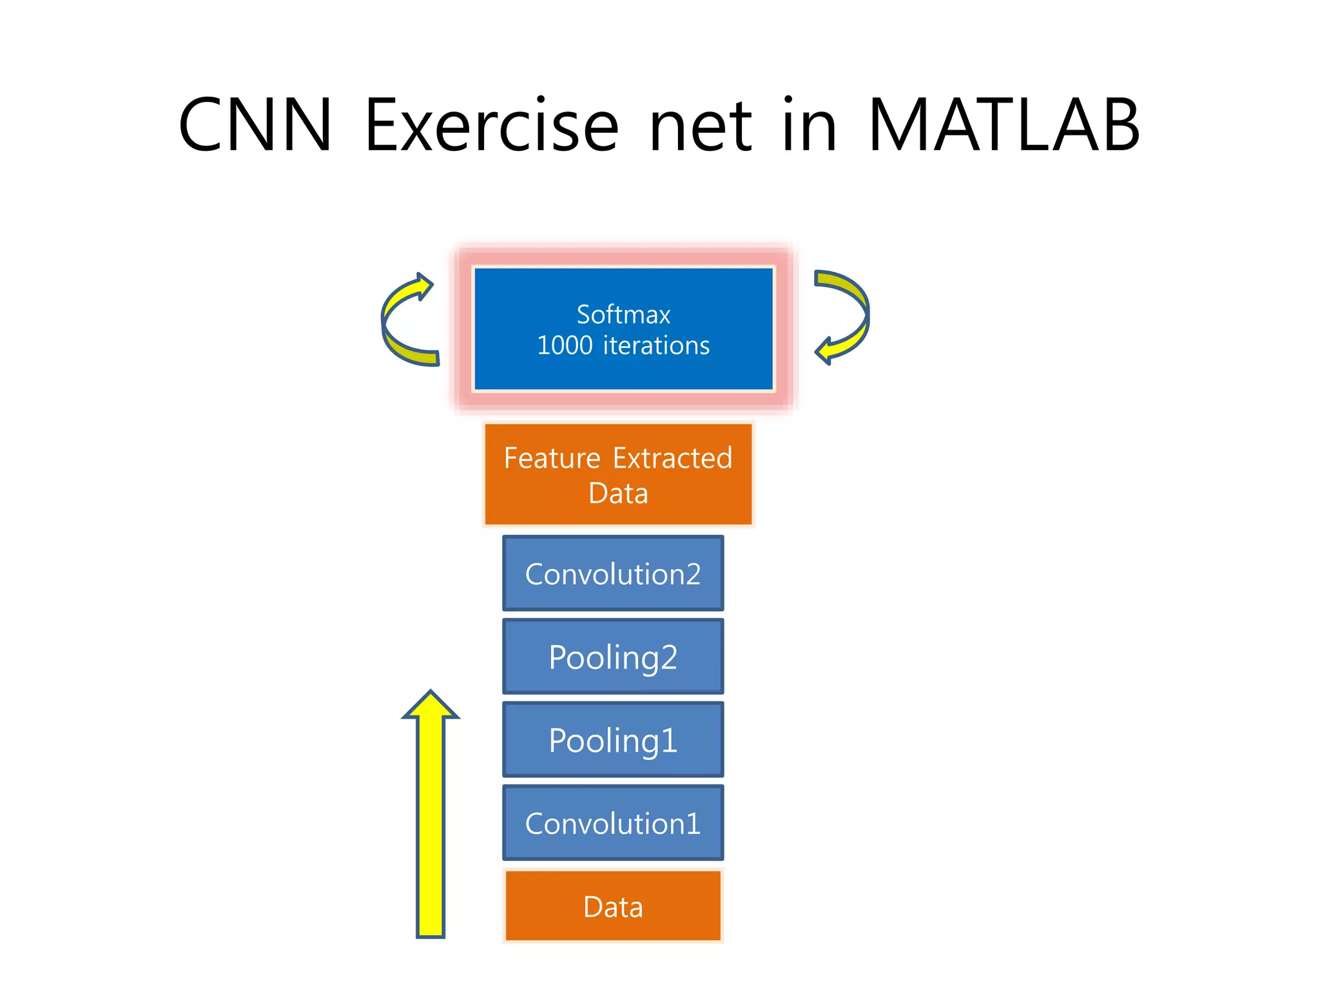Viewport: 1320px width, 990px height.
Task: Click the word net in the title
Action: coord(700,126)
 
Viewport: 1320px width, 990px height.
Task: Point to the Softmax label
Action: coord(623,315)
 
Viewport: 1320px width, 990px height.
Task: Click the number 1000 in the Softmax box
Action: coord(565,346)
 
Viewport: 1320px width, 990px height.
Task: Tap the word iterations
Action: coord(656,346)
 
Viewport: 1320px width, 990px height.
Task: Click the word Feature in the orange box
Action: coord(552,458)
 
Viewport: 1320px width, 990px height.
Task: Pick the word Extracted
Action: coord(672,458)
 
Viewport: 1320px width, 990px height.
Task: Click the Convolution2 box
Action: coord(613,574)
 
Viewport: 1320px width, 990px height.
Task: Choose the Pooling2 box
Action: coord(613,657)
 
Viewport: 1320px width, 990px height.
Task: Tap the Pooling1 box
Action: coord(613,740)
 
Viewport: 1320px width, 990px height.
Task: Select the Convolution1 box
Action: coord(613,823)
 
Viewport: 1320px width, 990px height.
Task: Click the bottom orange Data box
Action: coord(613,907)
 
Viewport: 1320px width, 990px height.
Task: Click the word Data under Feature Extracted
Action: coord(618,494)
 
